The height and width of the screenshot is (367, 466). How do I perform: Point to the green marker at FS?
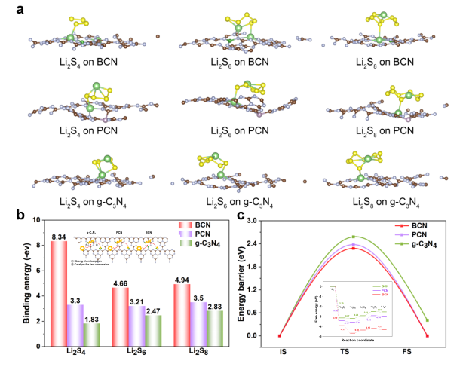(427, 320)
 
